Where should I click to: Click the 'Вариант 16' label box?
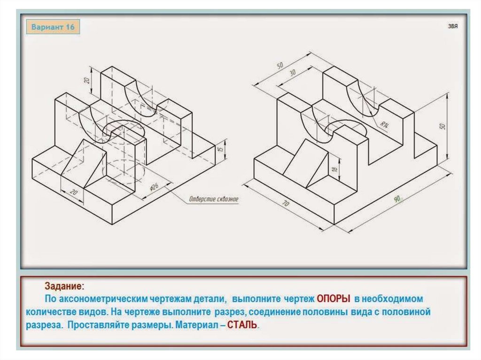[x=53, y=27]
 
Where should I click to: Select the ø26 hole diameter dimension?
[x=154, y=187]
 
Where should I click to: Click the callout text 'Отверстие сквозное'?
[x=214, y=199]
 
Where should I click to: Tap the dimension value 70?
[x=285, y=204]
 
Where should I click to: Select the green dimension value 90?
[x=397, y=199]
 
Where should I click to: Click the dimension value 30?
[x=292, y=73]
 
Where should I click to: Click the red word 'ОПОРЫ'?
[x=334, y=299]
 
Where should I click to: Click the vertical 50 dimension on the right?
[x=442, y=127]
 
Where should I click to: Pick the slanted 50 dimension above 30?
[x=280, y=66]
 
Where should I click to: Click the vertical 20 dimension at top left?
[x=87, y=80]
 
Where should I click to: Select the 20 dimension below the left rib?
[x=73, y=191]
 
